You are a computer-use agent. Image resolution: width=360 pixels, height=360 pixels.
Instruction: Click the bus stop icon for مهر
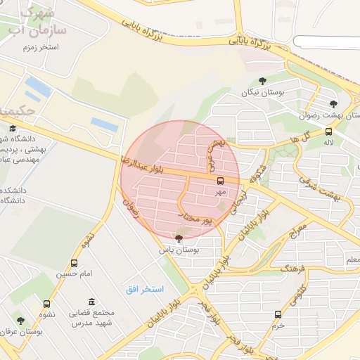tap(220, 181)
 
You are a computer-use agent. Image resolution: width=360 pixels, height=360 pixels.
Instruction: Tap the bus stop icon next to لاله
tap(329, 131)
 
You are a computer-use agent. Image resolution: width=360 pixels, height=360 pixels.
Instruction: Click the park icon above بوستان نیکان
tap(263, 81)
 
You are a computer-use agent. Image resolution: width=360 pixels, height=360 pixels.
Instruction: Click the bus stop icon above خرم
tap(278, 314)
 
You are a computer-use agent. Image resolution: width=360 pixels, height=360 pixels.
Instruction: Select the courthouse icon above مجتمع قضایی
tap(92, 302)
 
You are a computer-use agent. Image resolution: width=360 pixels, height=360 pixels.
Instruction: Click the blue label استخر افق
tap(145, 289)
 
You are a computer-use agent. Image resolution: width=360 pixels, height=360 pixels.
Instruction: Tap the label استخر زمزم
tap(40, 46)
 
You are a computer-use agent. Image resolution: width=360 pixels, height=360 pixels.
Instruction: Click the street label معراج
tap(299, 230)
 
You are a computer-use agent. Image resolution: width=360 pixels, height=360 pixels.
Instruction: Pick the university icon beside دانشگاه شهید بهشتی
tap(13, 129)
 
